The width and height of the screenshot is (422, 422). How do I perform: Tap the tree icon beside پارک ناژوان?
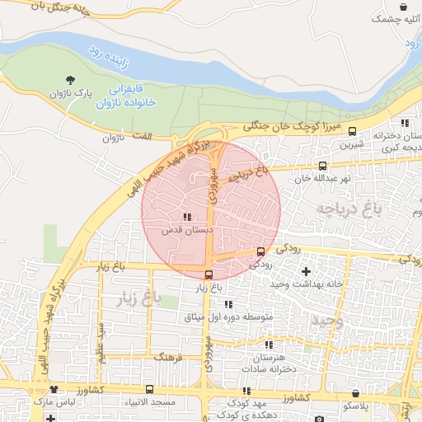71,80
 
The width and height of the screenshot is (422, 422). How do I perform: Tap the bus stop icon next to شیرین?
353,131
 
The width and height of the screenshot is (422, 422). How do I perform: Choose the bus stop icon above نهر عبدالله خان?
322,166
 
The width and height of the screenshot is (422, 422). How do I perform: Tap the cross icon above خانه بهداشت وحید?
307,271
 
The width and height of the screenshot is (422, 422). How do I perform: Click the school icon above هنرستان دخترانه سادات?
269,345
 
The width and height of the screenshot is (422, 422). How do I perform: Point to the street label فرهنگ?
167,359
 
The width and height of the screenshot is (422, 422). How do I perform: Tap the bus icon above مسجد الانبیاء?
149,389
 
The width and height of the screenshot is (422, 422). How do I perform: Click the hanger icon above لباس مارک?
54,389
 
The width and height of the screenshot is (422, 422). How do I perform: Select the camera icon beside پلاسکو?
342,406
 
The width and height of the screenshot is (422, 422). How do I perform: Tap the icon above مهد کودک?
246,391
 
